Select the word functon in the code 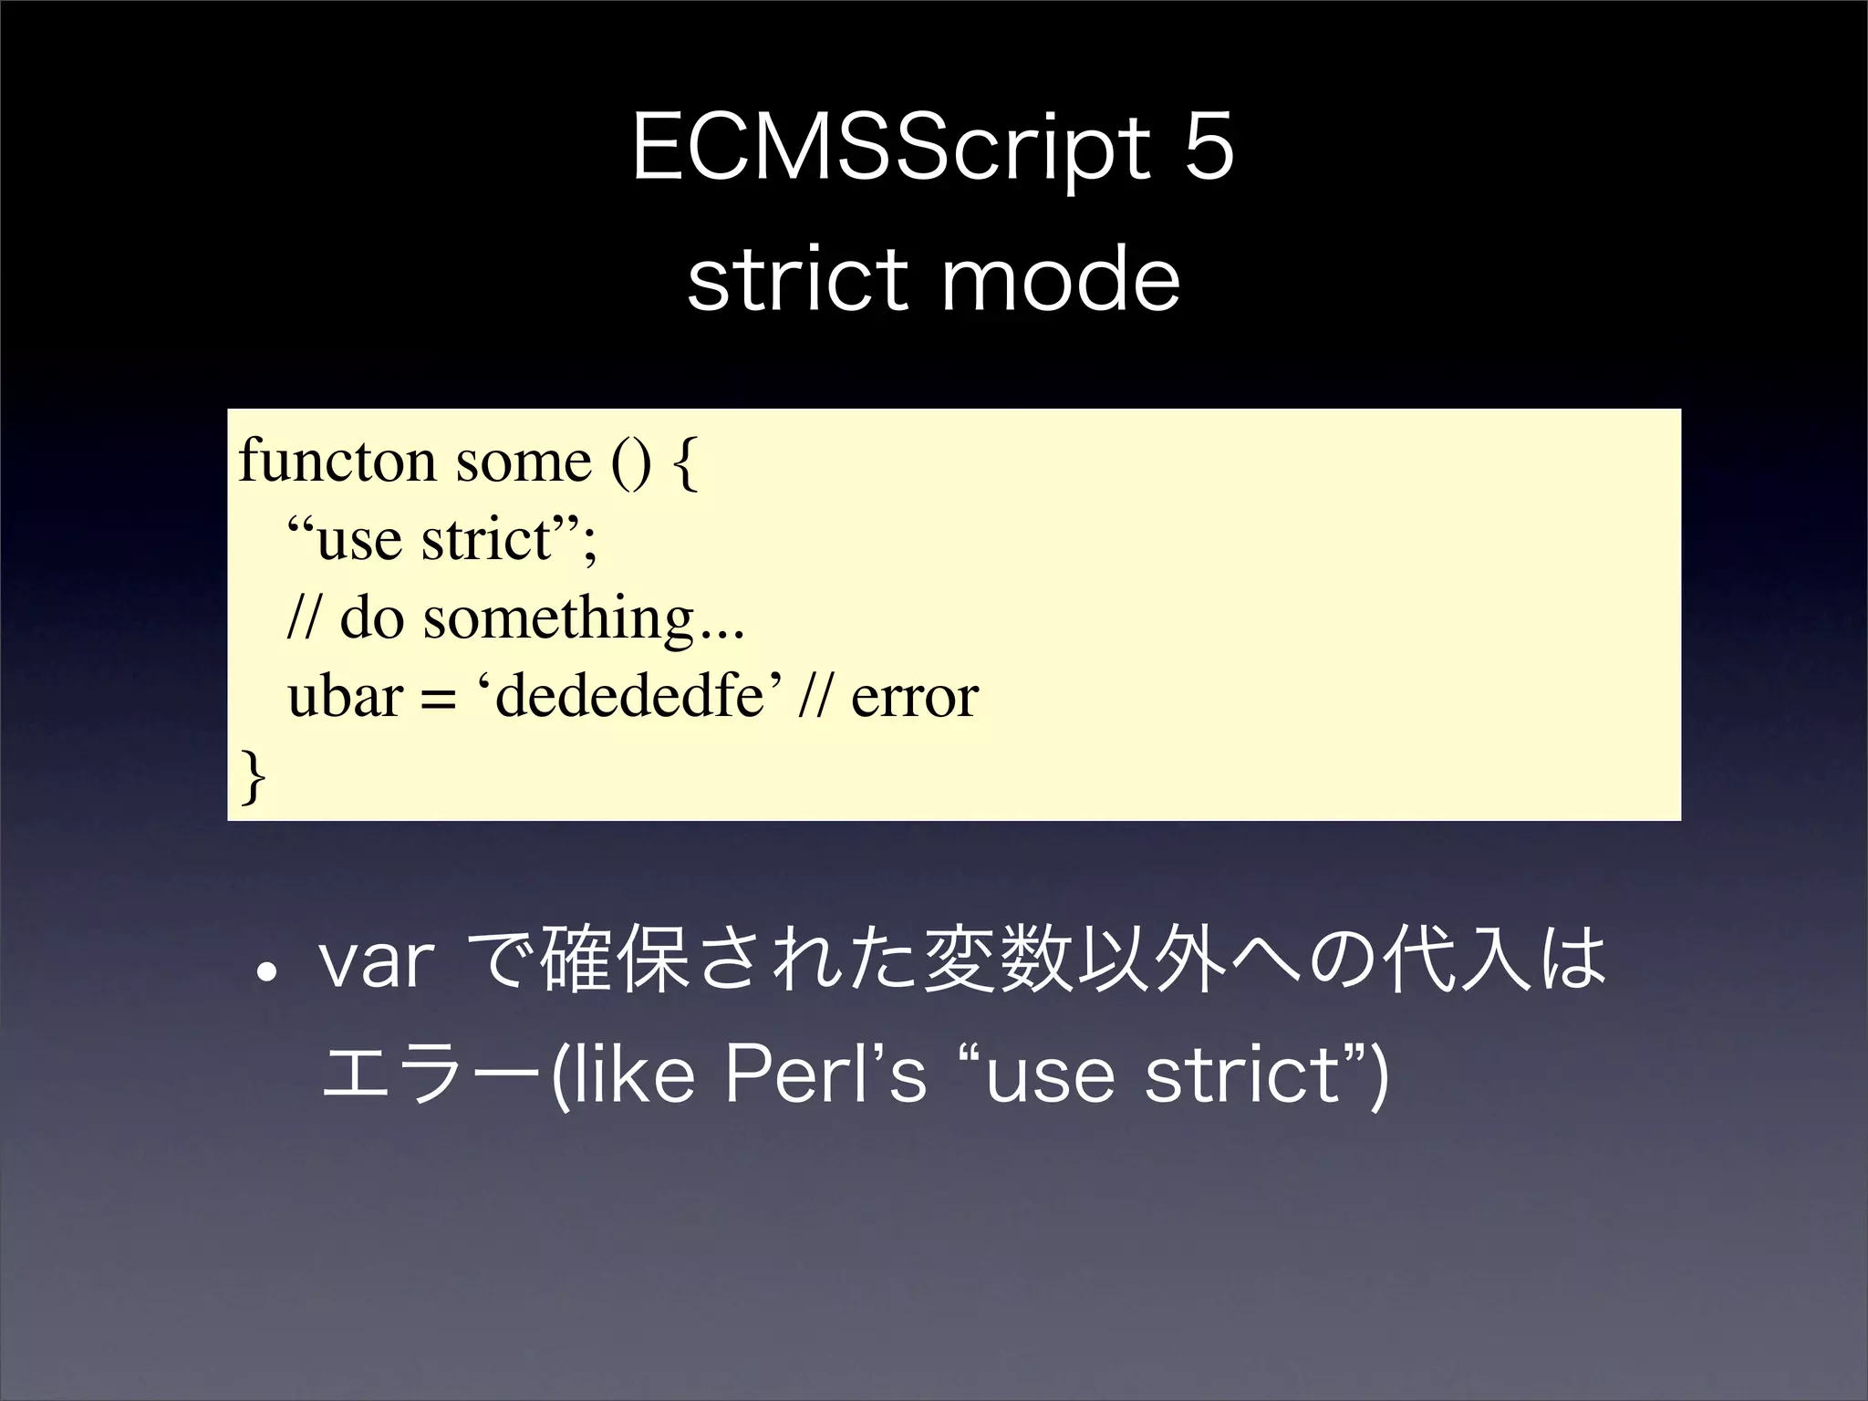(x=337, y=461)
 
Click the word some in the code (x=524, y=462)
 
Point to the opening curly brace (x=685, y=464)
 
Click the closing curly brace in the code (x=253, y=776)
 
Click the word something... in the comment (x=584, y=620)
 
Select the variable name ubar (x=345, y=698)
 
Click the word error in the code (x=914, y=699)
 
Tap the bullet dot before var (x=266, y=971)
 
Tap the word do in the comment (x=371, y=620)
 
